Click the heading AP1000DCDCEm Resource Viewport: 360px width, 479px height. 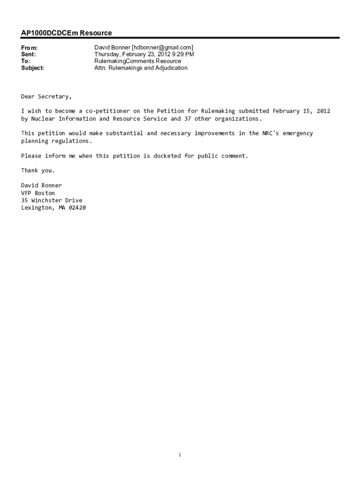point(66,33)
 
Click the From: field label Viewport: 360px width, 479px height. point(29,48)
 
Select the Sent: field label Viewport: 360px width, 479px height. point(29,54)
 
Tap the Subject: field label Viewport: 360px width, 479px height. point(33,68)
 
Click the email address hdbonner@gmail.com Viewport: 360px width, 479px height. point(162,48)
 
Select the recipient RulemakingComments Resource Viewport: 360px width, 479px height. point(137,61)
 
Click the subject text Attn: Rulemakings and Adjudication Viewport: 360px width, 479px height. point(141,68)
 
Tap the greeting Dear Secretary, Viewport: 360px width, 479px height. point(46,96)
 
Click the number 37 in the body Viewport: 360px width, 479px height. point(187,118)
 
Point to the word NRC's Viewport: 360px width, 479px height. point(270,133)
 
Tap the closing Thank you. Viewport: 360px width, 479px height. point(38,170)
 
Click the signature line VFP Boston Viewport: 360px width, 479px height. point(38,193)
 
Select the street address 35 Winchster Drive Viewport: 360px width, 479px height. point(51,200)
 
